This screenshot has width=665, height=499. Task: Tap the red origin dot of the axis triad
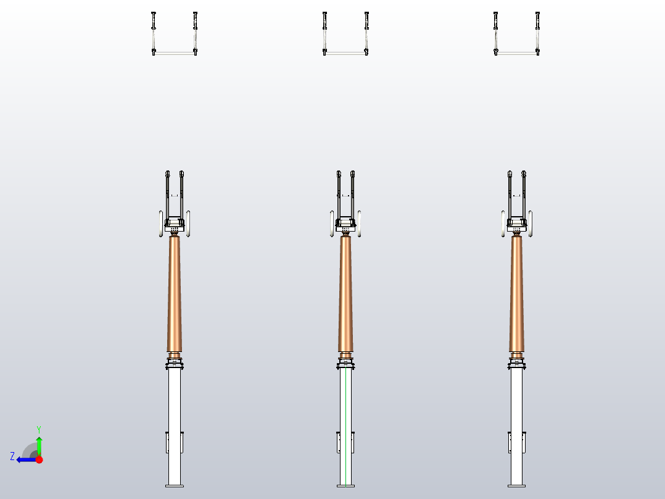[x=39, y=459]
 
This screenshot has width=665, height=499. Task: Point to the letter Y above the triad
[x=39, y=429]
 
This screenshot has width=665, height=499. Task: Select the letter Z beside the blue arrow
[x=12, y=456]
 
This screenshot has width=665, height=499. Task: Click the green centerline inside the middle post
[x=346, y=426]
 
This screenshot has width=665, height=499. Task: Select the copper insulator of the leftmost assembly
[x=175, y=293]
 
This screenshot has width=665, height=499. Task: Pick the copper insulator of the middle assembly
[x=345, y=293]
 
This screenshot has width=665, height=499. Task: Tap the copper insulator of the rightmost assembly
[x=516, y=293]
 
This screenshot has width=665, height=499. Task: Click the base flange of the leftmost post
[x=175, y=485]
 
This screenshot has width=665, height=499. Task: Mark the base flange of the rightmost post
[x=516, y=485]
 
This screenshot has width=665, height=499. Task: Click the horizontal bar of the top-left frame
[x=175, y=53]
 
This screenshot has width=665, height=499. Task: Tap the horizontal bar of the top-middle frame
[x=345, y=53]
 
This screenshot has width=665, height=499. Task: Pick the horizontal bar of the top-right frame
[x=516, y=53]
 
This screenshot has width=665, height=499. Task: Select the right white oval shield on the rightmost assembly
[x=531, y=223]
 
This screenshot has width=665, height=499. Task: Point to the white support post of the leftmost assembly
[x=175, y=401]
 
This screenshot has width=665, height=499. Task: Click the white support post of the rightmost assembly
[x=516, y=401]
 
